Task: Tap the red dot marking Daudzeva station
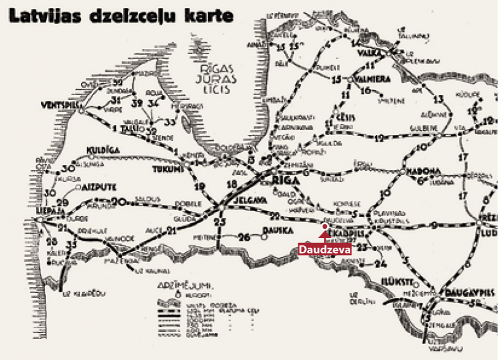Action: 324,227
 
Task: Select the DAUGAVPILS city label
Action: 470,293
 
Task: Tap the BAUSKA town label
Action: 275,231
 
